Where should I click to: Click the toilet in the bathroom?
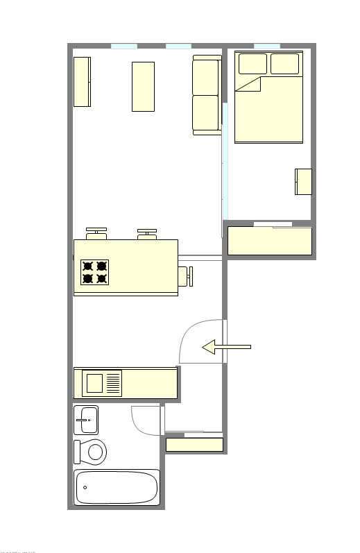(89, 452)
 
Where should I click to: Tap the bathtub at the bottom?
(117, 487)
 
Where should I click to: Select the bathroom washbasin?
(86, 420)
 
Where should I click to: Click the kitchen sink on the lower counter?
(102, 382)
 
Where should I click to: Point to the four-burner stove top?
(95, 271)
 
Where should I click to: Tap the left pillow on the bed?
(252, 64)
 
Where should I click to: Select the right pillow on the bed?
(284, 64)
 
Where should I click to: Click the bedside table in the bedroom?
(303, 182)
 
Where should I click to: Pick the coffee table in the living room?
(143, 87)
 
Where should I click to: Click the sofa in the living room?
(206, 95)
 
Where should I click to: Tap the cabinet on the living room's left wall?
(82, 82)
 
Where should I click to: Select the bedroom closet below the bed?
(270, 241)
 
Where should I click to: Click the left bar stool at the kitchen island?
(96, 233)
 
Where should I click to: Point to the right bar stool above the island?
(147, 233)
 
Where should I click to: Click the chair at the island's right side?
(186, 275)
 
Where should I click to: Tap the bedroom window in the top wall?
(266, 46)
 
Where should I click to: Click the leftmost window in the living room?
(124, 46)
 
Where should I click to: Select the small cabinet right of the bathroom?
(194, 445)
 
